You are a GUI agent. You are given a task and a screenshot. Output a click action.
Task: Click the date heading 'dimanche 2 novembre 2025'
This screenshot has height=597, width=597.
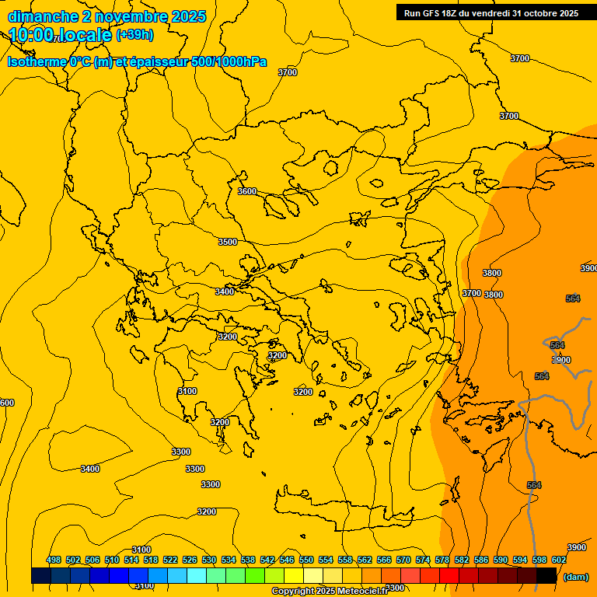pyautogui.click(x=106, y=16)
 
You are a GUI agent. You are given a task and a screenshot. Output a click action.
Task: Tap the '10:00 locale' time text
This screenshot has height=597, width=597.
pyautogui.click(x=61, y=35)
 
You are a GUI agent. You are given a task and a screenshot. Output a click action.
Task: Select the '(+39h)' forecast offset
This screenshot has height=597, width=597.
pyautogui.click(x=134, y=35)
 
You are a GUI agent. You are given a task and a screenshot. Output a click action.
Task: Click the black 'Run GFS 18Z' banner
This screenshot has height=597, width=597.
pyautogui.click(x=491, y=13)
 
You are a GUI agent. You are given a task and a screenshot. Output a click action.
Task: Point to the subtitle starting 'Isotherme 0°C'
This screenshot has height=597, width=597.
pyautogui.click(x=137, y=62)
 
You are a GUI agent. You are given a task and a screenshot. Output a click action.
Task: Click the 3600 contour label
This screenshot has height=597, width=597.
pyautogui.click(x=247, y=191)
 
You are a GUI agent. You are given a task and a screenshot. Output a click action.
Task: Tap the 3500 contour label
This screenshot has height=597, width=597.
pyautogui.click(x=227, y=243)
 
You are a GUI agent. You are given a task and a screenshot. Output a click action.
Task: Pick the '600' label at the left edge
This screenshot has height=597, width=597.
pyautogui.click(x=7, y=403)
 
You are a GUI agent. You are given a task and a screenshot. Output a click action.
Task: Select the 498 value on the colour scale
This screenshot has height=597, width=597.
pyautogui.click(x=54, y=560)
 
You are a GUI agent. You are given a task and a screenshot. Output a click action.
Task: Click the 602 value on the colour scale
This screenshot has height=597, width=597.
pyautogui.click(x=558, y=560)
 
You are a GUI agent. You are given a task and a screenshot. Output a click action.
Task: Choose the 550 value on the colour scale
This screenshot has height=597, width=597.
pyautogui.click(x=306, y=560)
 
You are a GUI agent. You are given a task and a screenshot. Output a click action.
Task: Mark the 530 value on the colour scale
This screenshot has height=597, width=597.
pyautogui.click(x=209, y=560)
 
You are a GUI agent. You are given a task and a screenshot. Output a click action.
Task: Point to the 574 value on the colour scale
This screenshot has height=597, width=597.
pyautogui.click(x=423, y=560)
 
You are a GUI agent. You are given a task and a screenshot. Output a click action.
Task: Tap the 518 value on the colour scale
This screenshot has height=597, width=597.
pyautogui.click(x=151, y=560)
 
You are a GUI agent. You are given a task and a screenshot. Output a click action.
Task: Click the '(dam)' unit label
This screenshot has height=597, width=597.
pyautogui.click(x=575, y=576)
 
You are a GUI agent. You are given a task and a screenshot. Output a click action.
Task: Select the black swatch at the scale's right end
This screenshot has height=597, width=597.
pyautogui.click(x=546, y=575)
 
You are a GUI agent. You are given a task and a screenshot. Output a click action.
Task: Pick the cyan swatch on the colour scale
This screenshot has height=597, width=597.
pyautogui.click(x=197, y=575)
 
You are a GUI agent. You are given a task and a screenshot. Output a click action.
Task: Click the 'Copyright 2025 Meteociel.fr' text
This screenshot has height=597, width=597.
pyautogui.click(x=330, y=592)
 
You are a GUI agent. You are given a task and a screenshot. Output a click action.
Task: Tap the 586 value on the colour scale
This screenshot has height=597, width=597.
pyautogui.click(x=481, y=560)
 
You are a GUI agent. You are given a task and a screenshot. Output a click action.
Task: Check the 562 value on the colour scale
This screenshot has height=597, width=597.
pyautogui.click(x=365, y=560)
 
